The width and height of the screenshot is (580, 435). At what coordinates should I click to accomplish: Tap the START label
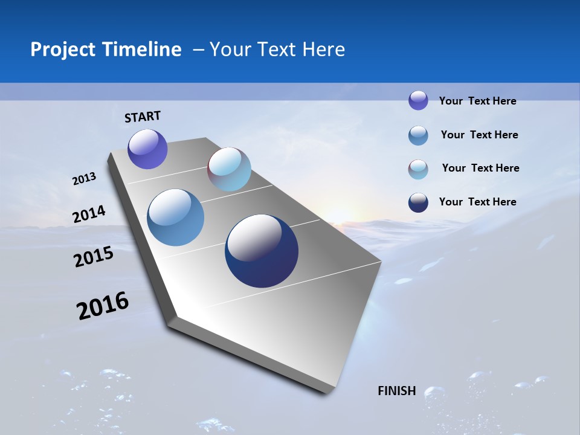143,117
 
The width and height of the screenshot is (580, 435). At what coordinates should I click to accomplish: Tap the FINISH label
397,391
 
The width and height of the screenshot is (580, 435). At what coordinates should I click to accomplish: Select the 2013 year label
85,179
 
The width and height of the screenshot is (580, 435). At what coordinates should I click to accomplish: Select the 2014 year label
89,214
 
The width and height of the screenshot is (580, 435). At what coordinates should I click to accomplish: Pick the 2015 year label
94,257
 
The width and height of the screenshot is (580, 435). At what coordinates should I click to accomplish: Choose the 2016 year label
103,306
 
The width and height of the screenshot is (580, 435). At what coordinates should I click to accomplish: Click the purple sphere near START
147,149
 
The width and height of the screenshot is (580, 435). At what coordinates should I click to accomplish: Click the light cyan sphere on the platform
229,169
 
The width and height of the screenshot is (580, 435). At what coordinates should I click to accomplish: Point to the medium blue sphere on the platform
176,217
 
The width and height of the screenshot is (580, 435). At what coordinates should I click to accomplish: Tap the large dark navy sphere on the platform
262,251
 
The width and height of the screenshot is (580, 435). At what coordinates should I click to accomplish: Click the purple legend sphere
418,100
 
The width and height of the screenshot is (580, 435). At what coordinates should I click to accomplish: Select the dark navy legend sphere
418,202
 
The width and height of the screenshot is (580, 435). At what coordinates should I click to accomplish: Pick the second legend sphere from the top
418,135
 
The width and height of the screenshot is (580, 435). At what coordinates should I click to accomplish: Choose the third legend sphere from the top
418,169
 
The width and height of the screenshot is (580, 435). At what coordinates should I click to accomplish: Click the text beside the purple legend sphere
477,101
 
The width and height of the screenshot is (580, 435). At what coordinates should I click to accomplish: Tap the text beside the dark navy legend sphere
477,202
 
